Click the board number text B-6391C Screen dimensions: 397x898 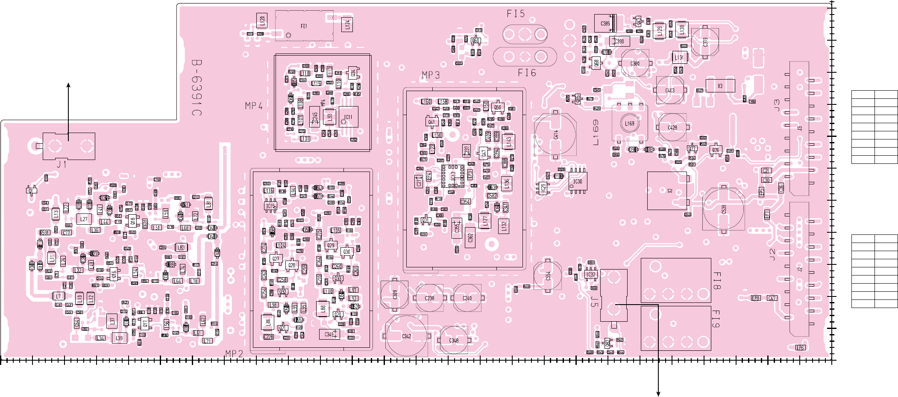197,88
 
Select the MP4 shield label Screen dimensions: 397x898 254,106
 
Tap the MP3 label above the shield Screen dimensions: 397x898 431,75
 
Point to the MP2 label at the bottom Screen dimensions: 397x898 234,353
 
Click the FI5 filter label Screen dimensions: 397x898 516,14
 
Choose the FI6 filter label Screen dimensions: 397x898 527,73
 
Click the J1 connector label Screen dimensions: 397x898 62,164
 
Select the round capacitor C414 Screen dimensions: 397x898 555,135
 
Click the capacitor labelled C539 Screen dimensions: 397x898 724,209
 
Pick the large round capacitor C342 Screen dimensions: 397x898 406,336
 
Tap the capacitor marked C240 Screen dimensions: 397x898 467,298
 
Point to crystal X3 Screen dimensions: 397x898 720,86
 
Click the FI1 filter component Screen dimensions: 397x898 304,26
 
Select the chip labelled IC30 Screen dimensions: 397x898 578,181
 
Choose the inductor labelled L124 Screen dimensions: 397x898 347,24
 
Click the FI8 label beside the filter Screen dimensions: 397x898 717,280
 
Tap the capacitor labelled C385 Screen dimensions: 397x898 605,24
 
